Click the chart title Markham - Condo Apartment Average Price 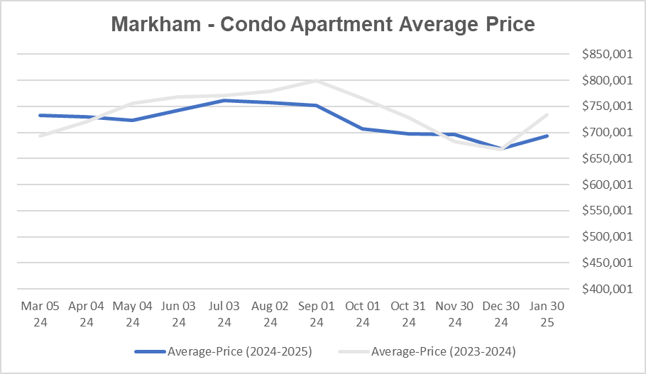[x=323, y=25]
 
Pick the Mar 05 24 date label [x=40, y=314]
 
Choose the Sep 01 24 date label [x=317, y=314]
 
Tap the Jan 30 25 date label [x=547, y=314]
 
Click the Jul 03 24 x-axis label [x=224, y=314]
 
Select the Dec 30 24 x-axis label [x=501, y=314]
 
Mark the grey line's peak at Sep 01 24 [x=317, y=80]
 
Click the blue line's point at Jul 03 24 [x=224, y=101]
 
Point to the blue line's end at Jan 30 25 [x=547, y=136]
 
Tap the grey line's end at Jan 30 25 [x=547, y=114]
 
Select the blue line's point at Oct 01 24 [x=363, y=128]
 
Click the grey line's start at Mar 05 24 [x=40, y=136]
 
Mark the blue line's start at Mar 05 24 [x=40, y=115]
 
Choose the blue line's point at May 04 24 [x=132, y=120]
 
